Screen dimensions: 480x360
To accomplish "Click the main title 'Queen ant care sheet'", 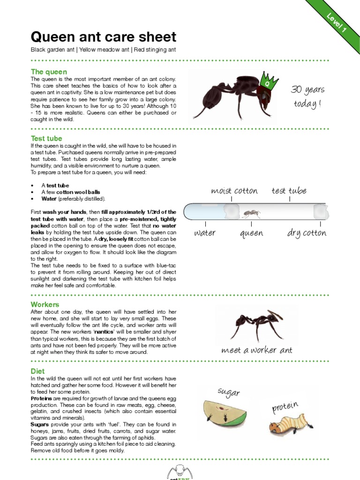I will click(x=103, y=37).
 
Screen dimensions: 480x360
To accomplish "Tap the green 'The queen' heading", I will click(x=49, y=72).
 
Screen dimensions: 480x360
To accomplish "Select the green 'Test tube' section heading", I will click(x=46, y=138).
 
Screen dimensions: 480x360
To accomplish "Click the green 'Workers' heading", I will click(x=45, y=304).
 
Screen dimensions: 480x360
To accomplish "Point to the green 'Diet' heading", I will click(x=38, y=371).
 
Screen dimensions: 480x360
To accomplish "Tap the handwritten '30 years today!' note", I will click(x=307, y=96).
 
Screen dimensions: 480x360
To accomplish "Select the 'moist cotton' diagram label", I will click(x=234, y=191).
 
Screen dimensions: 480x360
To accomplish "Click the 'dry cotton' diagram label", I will click(x=307, y=233).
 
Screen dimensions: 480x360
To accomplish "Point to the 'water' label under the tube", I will click(x=205, y=233).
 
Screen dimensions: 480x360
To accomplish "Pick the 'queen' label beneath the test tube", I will click(x=251, y=233).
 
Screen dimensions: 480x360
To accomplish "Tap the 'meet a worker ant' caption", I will click(x=256, y=350).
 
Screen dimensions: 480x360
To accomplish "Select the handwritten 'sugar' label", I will click(x=229, y=393).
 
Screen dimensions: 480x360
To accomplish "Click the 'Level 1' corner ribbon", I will click(x=336, y=22).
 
